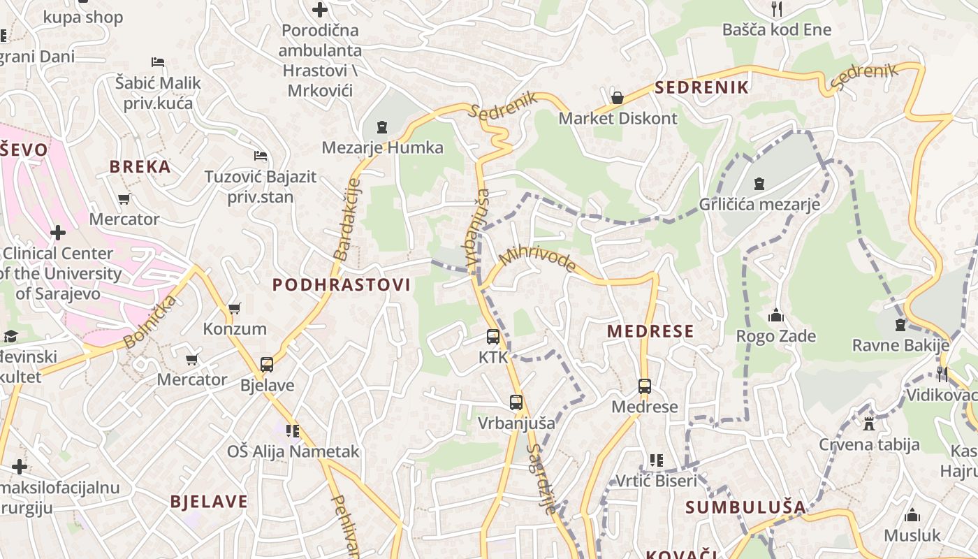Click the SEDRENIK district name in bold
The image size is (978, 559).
[701, 87]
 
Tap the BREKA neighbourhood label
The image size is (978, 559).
[140, 166]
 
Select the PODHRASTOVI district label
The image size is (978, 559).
[341, 285]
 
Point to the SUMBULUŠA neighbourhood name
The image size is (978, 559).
[745, 507]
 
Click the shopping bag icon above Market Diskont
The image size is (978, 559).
[617, 98]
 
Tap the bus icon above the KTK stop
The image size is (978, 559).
[493, 337]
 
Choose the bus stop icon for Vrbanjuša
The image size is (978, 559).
[516, 402]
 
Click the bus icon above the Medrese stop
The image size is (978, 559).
[644, 386]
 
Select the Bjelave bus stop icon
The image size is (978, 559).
[267, 364]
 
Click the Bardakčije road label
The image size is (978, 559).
[347, 219]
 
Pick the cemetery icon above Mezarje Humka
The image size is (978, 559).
[382, 127]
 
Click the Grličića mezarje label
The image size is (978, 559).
[759, 205]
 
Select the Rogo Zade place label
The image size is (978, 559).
[775, 336]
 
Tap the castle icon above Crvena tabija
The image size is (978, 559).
[869, 423]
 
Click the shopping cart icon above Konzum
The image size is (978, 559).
[234, 308]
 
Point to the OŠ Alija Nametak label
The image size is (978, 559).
[293, 451]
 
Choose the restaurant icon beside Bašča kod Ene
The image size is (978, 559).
[775, 9]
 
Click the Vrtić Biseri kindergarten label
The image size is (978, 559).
[656, 481]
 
